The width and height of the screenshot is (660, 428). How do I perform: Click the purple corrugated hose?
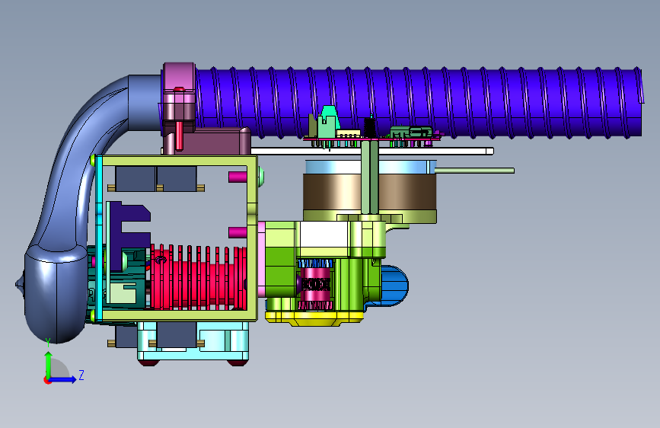click(419, 102)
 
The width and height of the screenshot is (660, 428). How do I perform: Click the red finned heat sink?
click(198, 276)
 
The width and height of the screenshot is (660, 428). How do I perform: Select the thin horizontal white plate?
click(371, 151)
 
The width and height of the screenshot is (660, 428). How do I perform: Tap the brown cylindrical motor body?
click(369, 192)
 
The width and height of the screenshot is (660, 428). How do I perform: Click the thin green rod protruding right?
click(474, 171)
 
